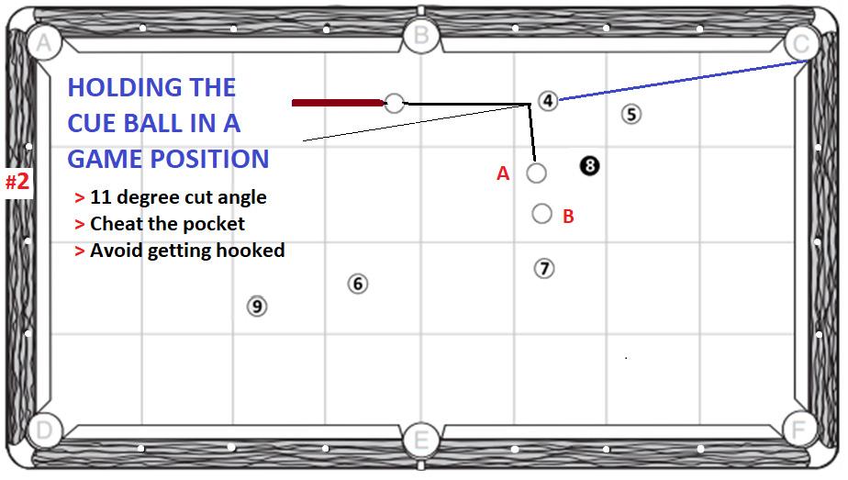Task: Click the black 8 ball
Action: point(589,165)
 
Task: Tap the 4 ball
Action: point(548,100)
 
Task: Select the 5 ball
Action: point(630,114)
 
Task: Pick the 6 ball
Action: point(358,284)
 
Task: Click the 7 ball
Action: point(544,268)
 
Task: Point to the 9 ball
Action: point(257,306)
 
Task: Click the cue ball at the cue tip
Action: point(395,103)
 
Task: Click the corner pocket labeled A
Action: point(41,42)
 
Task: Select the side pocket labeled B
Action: point(420,35)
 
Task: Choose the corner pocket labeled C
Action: point(800,42)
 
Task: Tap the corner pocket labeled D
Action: point(41,430)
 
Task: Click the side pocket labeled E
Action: point(420,439)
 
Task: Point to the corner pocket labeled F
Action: point(800,429)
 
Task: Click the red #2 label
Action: point(17,182)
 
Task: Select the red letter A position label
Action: point(503,173)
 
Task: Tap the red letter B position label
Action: point(568,217)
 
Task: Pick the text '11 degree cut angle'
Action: point(178,197)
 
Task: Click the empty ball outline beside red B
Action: point(541,214)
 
